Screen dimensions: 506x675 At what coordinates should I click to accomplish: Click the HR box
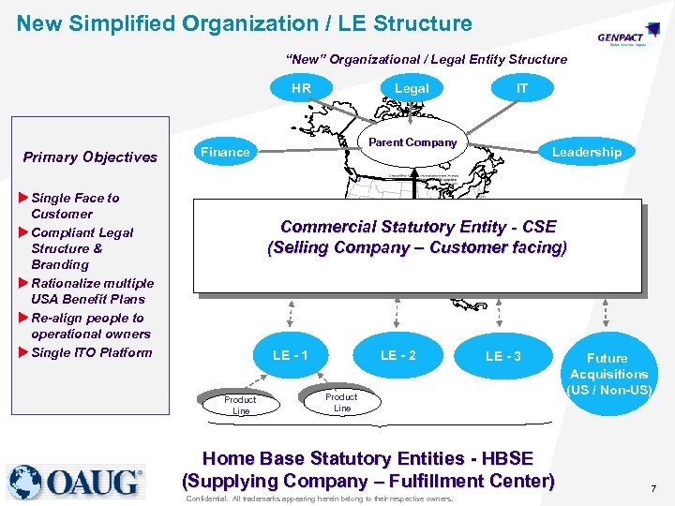tap(301, 88)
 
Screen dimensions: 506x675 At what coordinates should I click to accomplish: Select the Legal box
tap(412, 88)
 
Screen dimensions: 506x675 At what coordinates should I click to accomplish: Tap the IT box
tap(522, 88)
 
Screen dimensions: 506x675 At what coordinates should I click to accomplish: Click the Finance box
tap(226, 152)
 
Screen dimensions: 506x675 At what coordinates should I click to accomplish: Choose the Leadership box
tap(586, 152)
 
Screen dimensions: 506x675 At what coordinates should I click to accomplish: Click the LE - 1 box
tap(291, 355)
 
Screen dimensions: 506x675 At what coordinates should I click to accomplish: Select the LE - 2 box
tap(398, 355)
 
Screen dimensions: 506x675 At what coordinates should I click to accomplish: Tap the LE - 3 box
tap(503, 356)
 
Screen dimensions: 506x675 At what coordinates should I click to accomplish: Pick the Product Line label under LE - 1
tap(241, 405)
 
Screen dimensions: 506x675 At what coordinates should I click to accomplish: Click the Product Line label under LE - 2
tap(341, 401)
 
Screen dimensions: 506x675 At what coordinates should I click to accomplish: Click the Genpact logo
tap(622, 38)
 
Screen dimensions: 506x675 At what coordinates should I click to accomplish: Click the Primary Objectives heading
tap(90, 156)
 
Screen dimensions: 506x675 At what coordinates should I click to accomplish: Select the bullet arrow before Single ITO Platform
tap(23, 352)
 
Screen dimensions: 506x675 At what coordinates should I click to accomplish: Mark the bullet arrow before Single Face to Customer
tap(23, 198)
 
